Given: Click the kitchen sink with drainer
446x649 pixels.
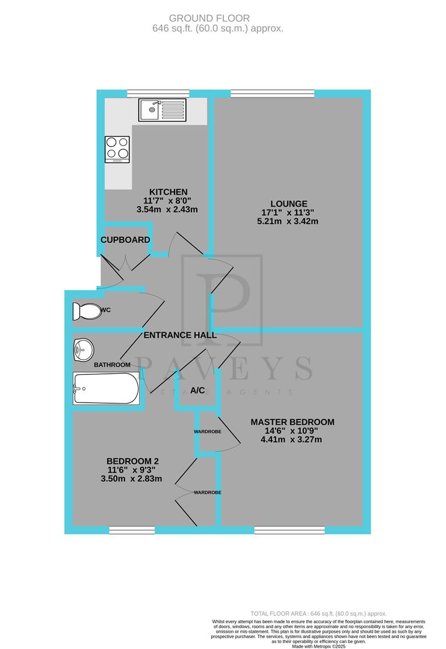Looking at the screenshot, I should (x=164, y=110).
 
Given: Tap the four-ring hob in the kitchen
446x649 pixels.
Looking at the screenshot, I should (x=117, y=150).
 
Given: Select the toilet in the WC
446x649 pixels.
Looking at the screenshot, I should (x=87, y=311).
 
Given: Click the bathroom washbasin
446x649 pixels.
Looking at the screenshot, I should (x=82, y=349).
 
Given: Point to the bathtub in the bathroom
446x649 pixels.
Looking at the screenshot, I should (x=105, y=388).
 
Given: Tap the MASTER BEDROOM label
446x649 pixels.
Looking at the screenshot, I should (x=293, y=422).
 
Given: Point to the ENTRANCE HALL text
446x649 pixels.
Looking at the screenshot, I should (x=180, y=335).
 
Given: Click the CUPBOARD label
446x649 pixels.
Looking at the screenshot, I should (x=125, y=240).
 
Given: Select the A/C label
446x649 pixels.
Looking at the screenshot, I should (x=197, y=390).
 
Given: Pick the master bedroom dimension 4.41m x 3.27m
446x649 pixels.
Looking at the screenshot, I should (x=293, y=439).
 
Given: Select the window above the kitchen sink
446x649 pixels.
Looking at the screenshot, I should (x=158, y=93).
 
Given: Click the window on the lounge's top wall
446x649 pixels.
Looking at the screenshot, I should (x=272, y=93).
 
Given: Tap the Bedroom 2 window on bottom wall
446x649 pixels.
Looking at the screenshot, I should (x=132, y=530).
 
